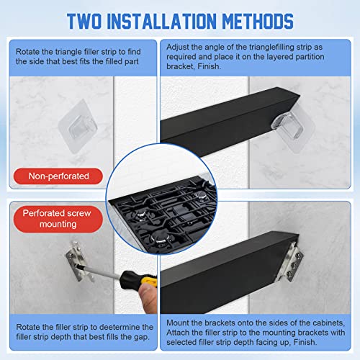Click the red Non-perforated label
coord(58,175)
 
